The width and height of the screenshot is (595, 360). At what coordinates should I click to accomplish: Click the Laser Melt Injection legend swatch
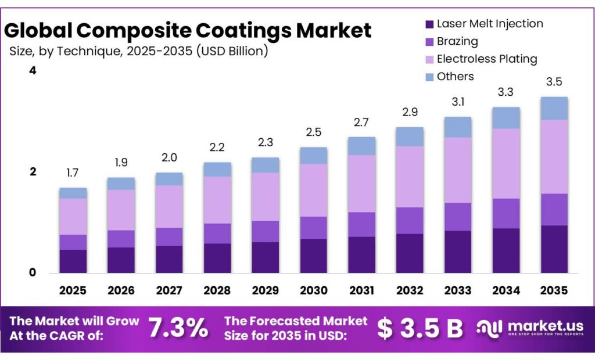click(429, 24)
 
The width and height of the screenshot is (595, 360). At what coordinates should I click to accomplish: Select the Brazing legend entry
click(457, 42)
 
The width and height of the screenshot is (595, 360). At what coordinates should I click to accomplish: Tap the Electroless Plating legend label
click(486, 59)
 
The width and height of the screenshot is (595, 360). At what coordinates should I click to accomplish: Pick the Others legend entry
click(455, 77)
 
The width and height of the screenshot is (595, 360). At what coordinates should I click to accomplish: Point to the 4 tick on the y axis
click(33, 71)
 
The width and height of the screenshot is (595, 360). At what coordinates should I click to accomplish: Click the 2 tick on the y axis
click(33, 172)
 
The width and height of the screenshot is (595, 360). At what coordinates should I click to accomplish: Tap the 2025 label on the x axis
click(73, 290)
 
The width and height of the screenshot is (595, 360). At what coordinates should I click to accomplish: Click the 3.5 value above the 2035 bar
click(554, 82)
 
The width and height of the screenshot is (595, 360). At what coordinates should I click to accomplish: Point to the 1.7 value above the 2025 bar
click(73, 173)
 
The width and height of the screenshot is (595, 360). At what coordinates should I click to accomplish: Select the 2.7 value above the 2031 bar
click(362, 123)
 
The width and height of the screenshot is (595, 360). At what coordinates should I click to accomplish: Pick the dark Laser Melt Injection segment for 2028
click(217, 258)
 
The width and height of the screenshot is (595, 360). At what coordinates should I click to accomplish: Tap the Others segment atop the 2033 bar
click(458, 127)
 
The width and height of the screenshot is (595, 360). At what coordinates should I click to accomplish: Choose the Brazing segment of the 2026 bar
click(121, 239)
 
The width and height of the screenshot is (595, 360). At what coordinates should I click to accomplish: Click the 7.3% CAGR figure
click(178, 329)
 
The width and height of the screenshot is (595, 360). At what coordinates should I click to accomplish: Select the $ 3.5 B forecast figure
click(420, 329)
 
